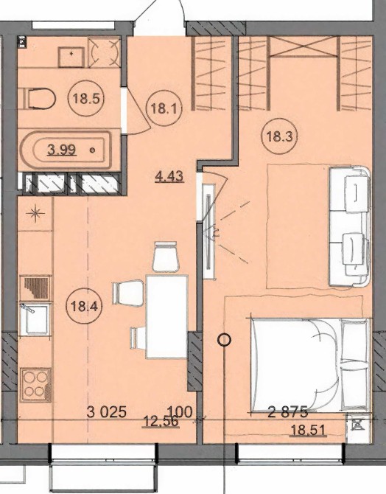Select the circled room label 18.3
coord(280,136)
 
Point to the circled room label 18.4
coord(84,305)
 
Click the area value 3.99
coord(62,150)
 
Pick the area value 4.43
coord(169,175)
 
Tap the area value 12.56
coord(161,421)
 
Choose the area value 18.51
coord(308,430)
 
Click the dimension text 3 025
coord(107,411)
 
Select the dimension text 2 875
coord(288,411)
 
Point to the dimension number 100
coord(180,411)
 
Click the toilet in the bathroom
coord(37,99)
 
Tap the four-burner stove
coord(35,386)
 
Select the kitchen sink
coord(35,319)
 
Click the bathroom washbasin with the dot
coord(71,57)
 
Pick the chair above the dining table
coord(166,256)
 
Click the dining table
coord(166,316)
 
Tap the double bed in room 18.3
coord(309,364)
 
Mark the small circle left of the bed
coord(225,340)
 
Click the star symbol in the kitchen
coord(35,214)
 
